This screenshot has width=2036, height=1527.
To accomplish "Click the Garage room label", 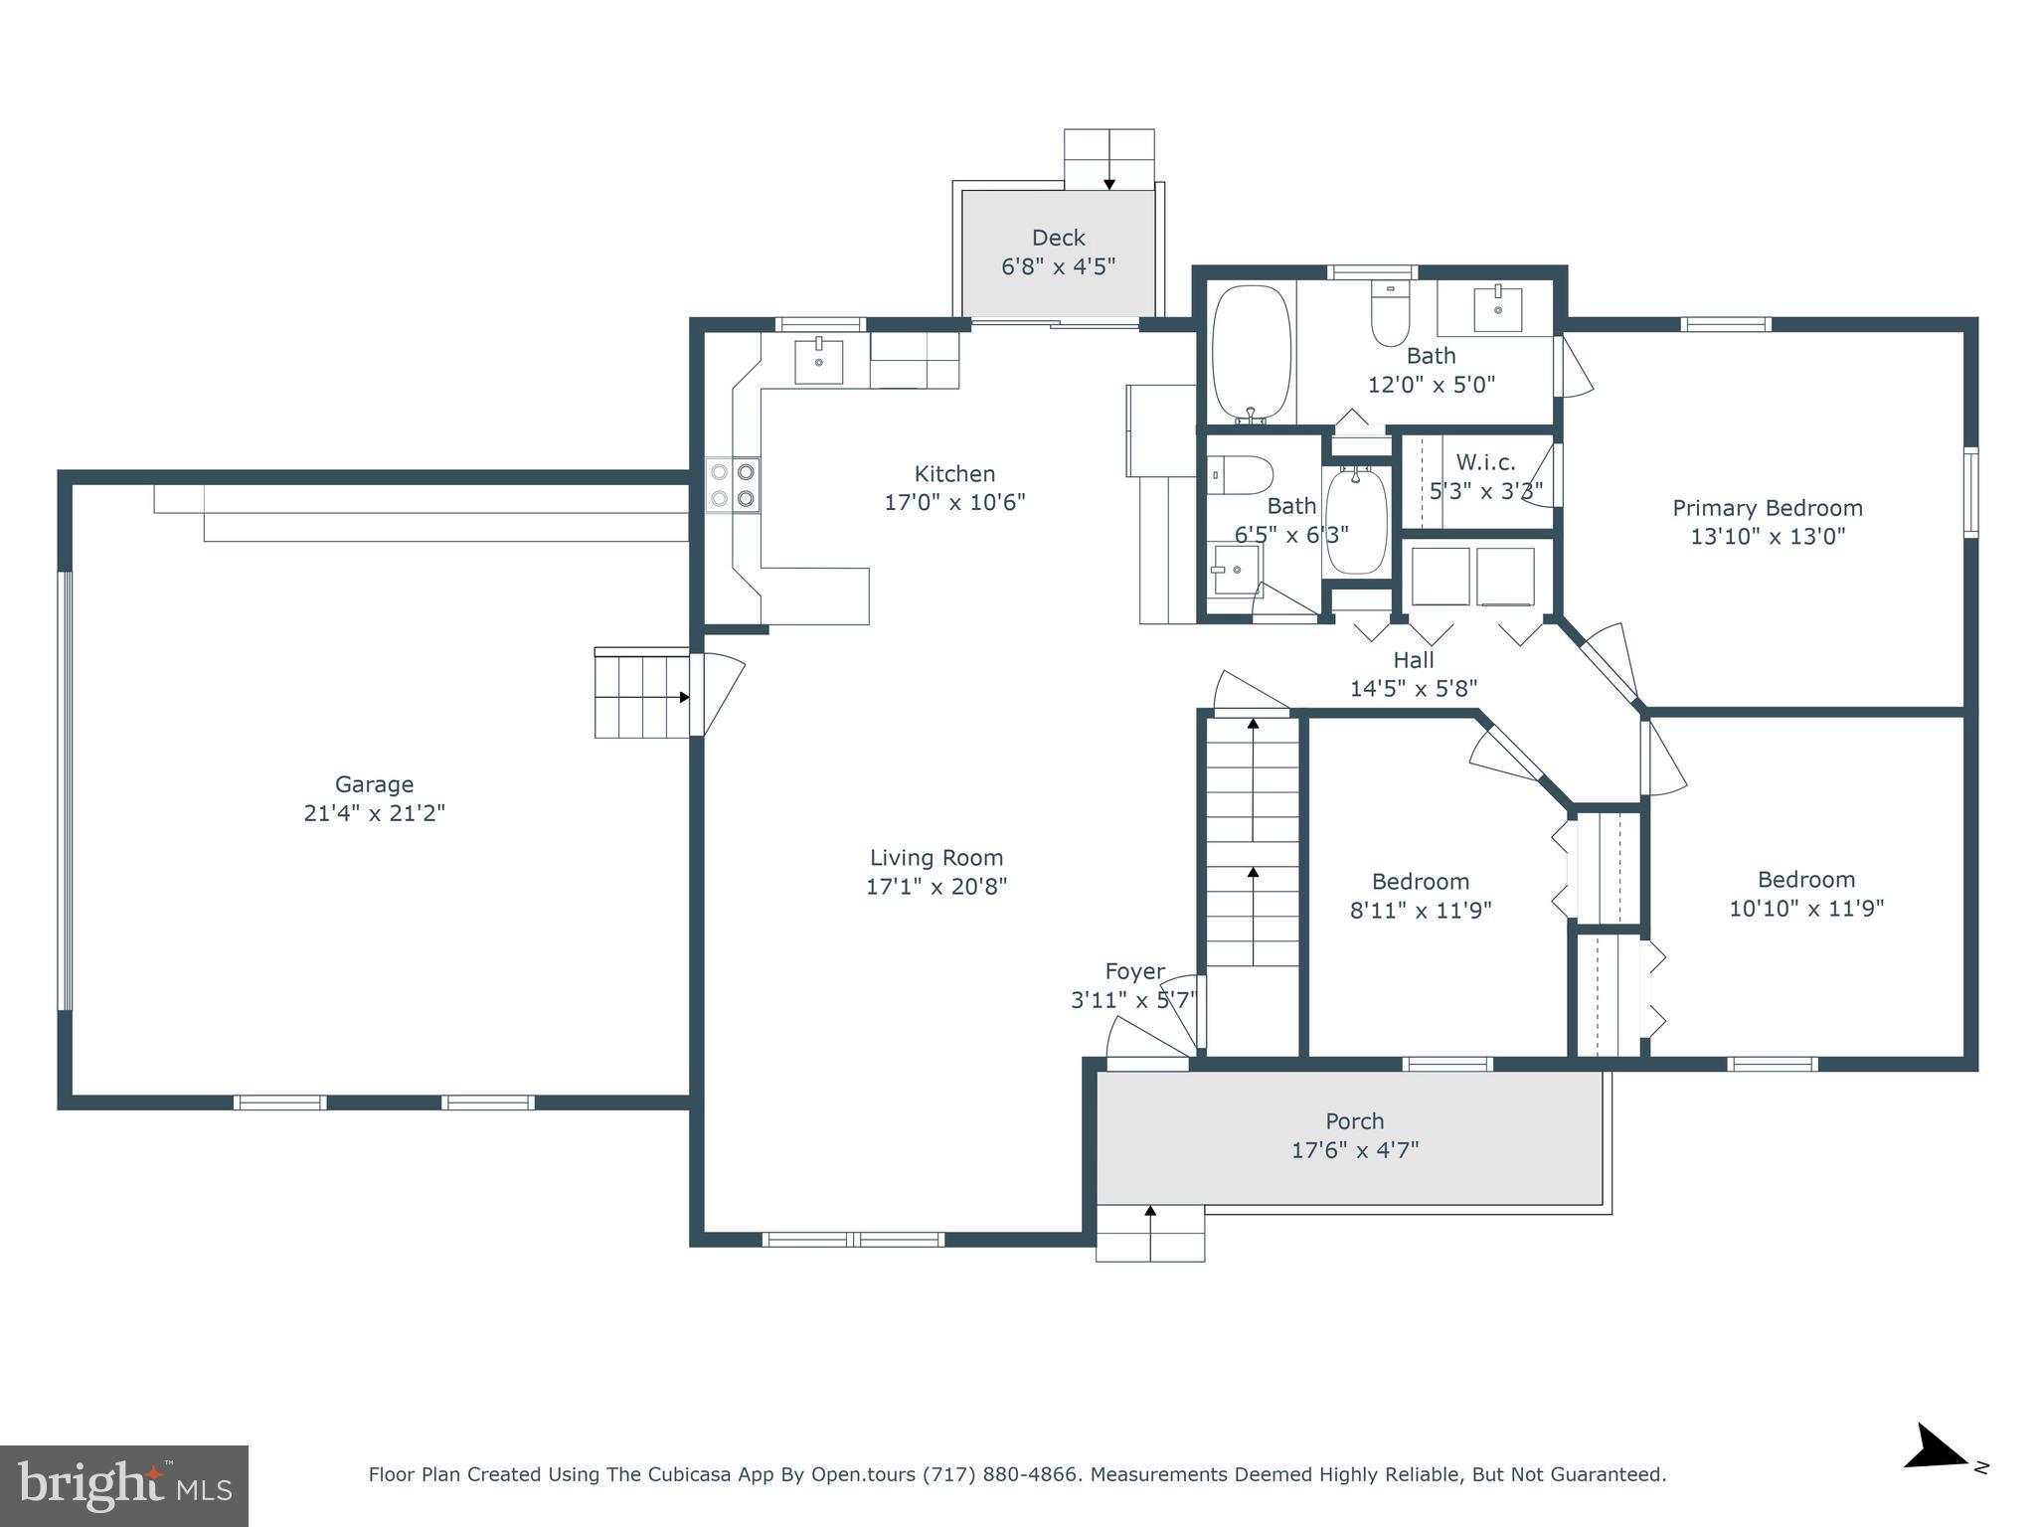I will tap(374, 784).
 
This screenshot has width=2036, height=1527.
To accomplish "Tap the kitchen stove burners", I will tap(733, 484).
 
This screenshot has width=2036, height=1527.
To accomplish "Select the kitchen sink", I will tap(818, 361).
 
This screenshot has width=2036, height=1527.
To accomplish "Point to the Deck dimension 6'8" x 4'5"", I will tap(1058, 266).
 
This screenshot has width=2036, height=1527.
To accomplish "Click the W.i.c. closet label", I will tap(1485, 462).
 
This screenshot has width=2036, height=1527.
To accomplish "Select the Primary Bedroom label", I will tap(1767, 508).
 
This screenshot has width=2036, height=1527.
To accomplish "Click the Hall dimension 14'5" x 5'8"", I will tap(1413, 688).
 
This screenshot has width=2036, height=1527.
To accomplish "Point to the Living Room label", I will tap(936, 858).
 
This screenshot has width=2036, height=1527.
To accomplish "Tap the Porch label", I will tap(1354, 1121).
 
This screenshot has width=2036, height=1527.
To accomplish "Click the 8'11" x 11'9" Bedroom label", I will tap(1420, 882).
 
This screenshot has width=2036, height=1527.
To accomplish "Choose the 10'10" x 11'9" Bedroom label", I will tap(1805, 880).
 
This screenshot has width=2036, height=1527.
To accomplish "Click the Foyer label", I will tap(1134, 971).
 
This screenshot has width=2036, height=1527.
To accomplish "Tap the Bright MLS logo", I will tap(124, 1485).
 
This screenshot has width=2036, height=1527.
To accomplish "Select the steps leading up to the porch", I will tap(1150, 1233).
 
